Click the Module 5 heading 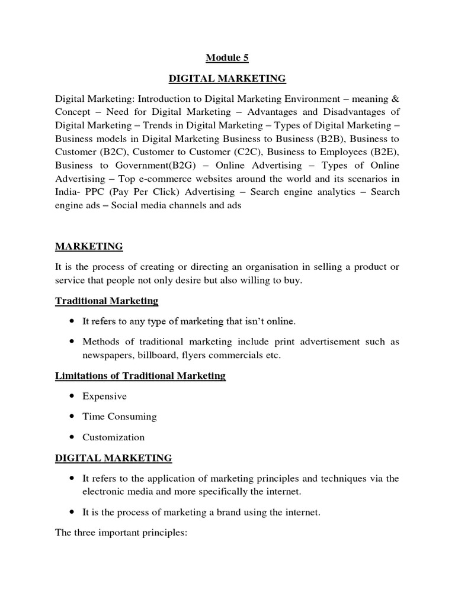(x=227, y=57)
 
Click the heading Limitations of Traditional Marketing (x=140, y=376)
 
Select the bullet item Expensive (x=104, y=396)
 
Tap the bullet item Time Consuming (x=119, y=417)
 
